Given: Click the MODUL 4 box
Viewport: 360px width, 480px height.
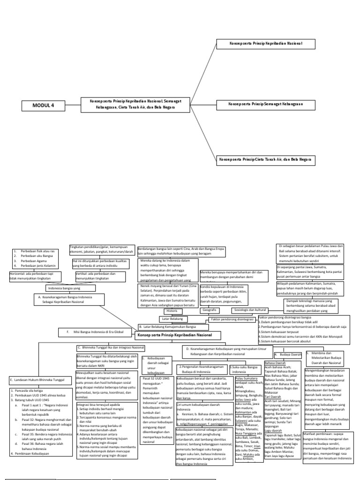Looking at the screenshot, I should pos(44,105).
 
